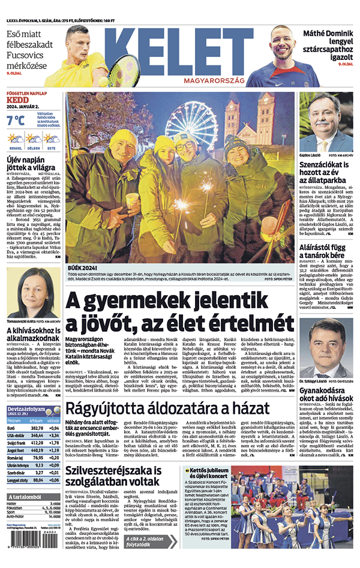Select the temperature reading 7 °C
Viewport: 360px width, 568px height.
(16, 120)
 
